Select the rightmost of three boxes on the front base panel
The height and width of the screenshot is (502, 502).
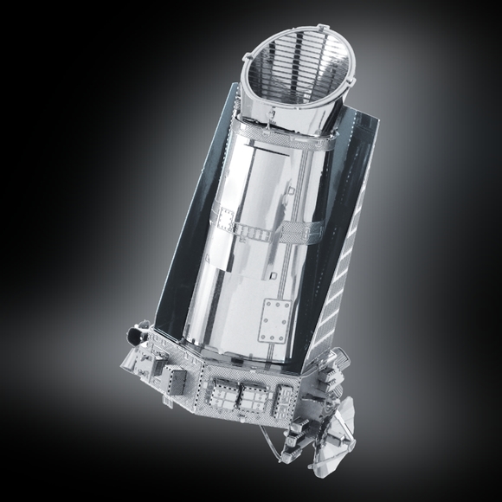[283, 399]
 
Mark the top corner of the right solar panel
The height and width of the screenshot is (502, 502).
[374, 117]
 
